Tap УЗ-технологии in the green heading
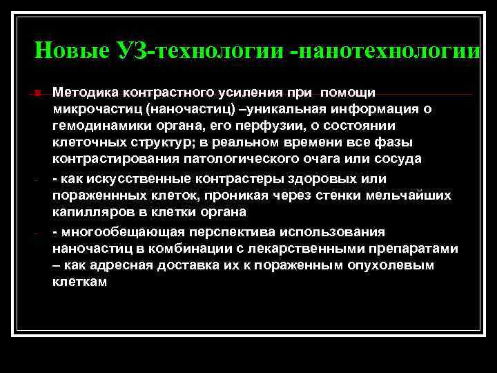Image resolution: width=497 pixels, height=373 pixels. (199, 50)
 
